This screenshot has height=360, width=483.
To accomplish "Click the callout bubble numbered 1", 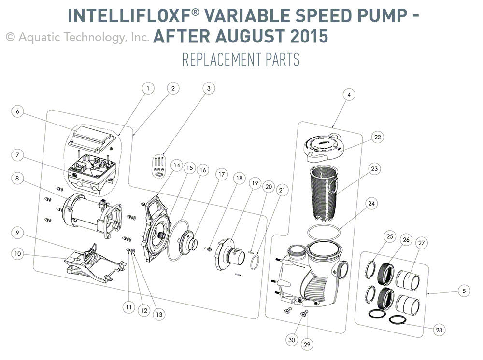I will pyautogui.click(x=148, y=88).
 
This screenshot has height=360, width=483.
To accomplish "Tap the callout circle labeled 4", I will pyautogui.click(x=348, y=95).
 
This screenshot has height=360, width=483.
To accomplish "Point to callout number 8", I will pyautogui.click(x=17, y=179).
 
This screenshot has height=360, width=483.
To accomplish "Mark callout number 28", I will pyautogui.click(x=439, y=330).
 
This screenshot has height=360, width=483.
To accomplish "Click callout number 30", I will pyautogui.click(x=291, y=340).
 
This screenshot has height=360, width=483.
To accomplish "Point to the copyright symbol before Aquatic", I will pyautogui.click(x=10, y=37).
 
